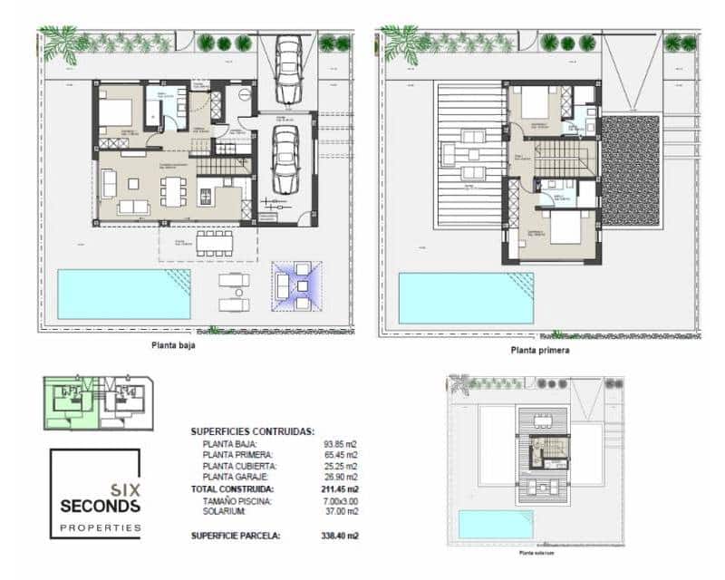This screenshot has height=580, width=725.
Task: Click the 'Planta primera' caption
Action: point(540,350)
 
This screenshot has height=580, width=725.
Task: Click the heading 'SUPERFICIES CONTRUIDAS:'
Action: point(252,431)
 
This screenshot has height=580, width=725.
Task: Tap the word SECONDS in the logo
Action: point(101,505)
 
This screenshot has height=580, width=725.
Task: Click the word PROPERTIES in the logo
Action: point(101,527)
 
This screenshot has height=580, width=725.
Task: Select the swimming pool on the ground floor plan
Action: point(124,294)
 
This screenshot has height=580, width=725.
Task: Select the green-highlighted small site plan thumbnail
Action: point(72,399)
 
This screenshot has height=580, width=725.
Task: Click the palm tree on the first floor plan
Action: point(398,44)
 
